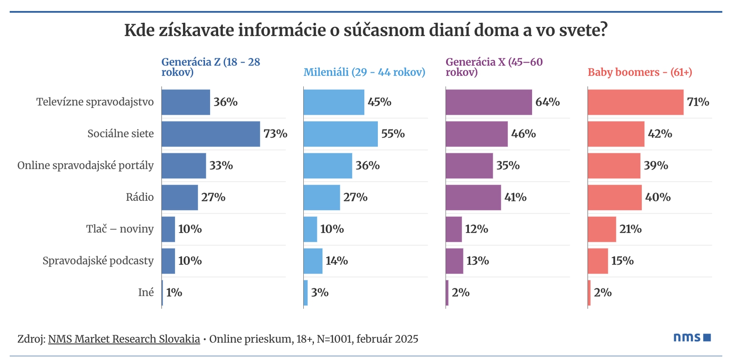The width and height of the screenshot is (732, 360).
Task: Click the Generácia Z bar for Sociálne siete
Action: (x=210, y=134)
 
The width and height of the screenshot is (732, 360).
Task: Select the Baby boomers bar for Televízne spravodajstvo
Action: (x=635, y=102)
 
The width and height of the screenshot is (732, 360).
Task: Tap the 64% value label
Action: (x=547, y=102)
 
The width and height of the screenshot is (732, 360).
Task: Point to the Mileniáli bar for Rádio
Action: (x=322, y=198)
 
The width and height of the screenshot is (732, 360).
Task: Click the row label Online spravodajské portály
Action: (x=86, y=166)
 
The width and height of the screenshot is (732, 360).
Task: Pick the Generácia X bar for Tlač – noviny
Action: (x=453, y=229)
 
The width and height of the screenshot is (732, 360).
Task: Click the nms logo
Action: (x=692, y=338)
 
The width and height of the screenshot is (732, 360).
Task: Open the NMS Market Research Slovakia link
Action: (x=124, y=339)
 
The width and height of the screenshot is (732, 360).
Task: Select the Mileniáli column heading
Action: (x=364, y=72)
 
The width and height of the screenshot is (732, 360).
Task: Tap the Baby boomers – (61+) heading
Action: (x=640, y=72)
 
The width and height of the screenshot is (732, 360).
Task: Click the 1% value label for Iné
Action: (x=174, y=293)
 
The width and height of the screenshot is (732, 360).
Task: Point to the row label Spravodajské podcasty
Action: (x=98, y=261)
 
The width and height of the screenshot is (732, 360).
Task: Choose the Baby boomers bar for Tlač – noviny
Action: (x=602, y=229)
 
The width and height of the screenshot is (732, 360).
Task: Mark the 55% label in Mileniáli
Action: (x=393, y=134)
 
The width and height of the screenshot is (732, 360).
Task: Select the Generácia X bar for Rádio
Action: (x=473, y=198)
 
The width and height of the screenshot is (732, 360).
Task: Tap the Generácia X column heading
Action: (x=494, y=67)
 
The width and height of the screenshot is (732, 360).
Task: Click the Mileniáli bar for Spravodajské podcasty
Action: (x=313, y=261)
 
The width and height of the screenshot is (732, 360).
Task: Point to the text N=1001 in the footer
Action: (x=334, y=339)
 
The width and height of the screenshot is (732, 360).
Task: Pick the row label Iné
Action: (x=146, y=293)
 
